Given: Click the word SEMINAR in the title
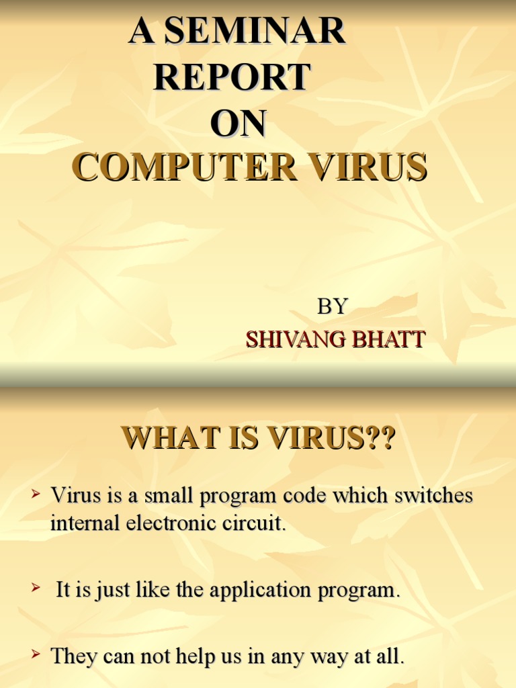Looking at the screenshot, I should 255,32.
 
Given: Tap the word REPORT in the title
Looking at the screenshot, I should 232,78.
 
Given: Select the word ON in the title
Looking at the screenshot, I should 238,124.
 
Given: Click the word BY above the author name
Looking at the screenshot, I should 332,307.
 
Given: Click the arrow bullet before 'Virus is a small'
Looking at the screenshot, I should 36,496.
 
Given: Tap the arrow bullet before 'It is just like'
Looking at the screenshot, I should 36,589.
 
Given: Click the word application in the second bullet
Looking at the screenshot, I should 259,591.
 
